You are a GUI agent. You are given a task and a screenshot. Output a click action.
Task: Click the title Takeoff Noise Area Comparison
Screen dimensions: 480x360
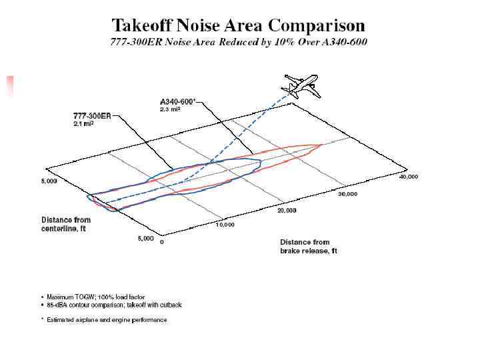coord(238,26)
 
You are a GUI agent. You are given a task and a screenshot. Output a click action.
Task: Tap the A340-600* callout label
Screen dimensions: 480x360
coord(178,101)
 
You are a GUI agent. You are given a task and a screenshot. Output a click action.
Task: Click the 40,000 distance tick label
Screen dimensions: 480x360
coord(408,177)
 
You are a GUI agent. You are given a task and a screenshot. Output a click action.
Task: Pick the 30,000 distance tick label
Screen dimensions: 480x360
coord(347,194)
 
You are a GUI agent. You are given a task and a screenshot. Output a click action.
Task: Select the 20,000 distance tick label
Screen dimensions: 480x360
coord(286,210)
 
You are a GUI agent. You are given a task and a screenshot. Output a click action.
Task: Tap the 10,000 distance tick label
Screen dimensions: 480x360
coord(225,225)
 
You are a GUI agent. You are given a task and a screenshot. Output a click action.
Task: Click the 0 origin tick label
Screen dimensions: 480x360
coord(162,242)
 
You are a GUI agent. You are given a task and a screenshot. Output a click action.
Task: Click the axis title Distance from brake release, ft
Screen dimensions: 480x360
coord(309,246)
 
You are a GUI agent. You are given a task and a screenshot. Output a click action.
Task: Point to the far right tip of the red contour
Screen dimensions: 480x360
coord(323,145)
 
